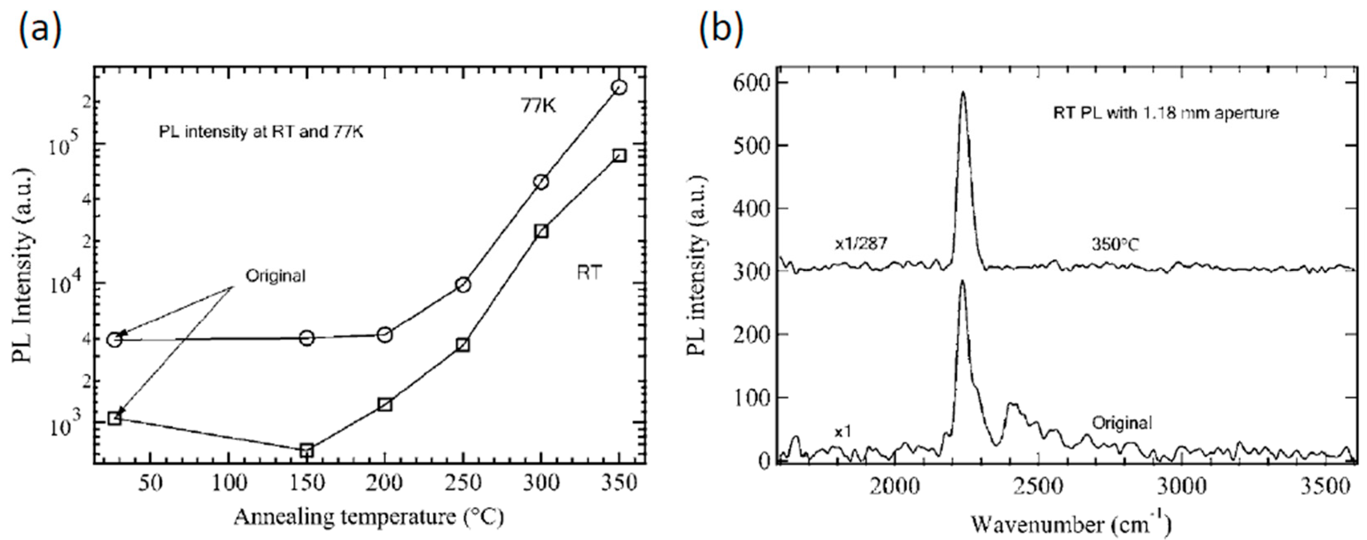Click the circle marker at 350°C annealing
click(x=619, y=87)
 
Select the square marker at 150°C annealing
click(x=306, y=451)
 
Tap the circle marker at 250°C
click(x=463, y=285)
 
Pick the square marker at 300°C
click(x=541, y=231)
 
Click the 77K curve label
click(x=537, y=106)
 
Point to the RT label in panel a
click(x=589, y=273)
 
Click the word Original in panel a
click(x=276, y=276)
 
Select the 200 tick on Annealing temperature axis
click(x=385, y=484)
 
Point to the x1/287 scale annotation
click(x=861, y=244)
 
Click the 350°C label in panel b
click(x=1115, y=245)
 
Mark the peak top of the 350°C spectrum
click(x=963, y=92)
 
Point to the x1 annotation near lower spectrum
click(x=843, y=432)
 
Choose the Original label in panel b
click(x=1122, y=423)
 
